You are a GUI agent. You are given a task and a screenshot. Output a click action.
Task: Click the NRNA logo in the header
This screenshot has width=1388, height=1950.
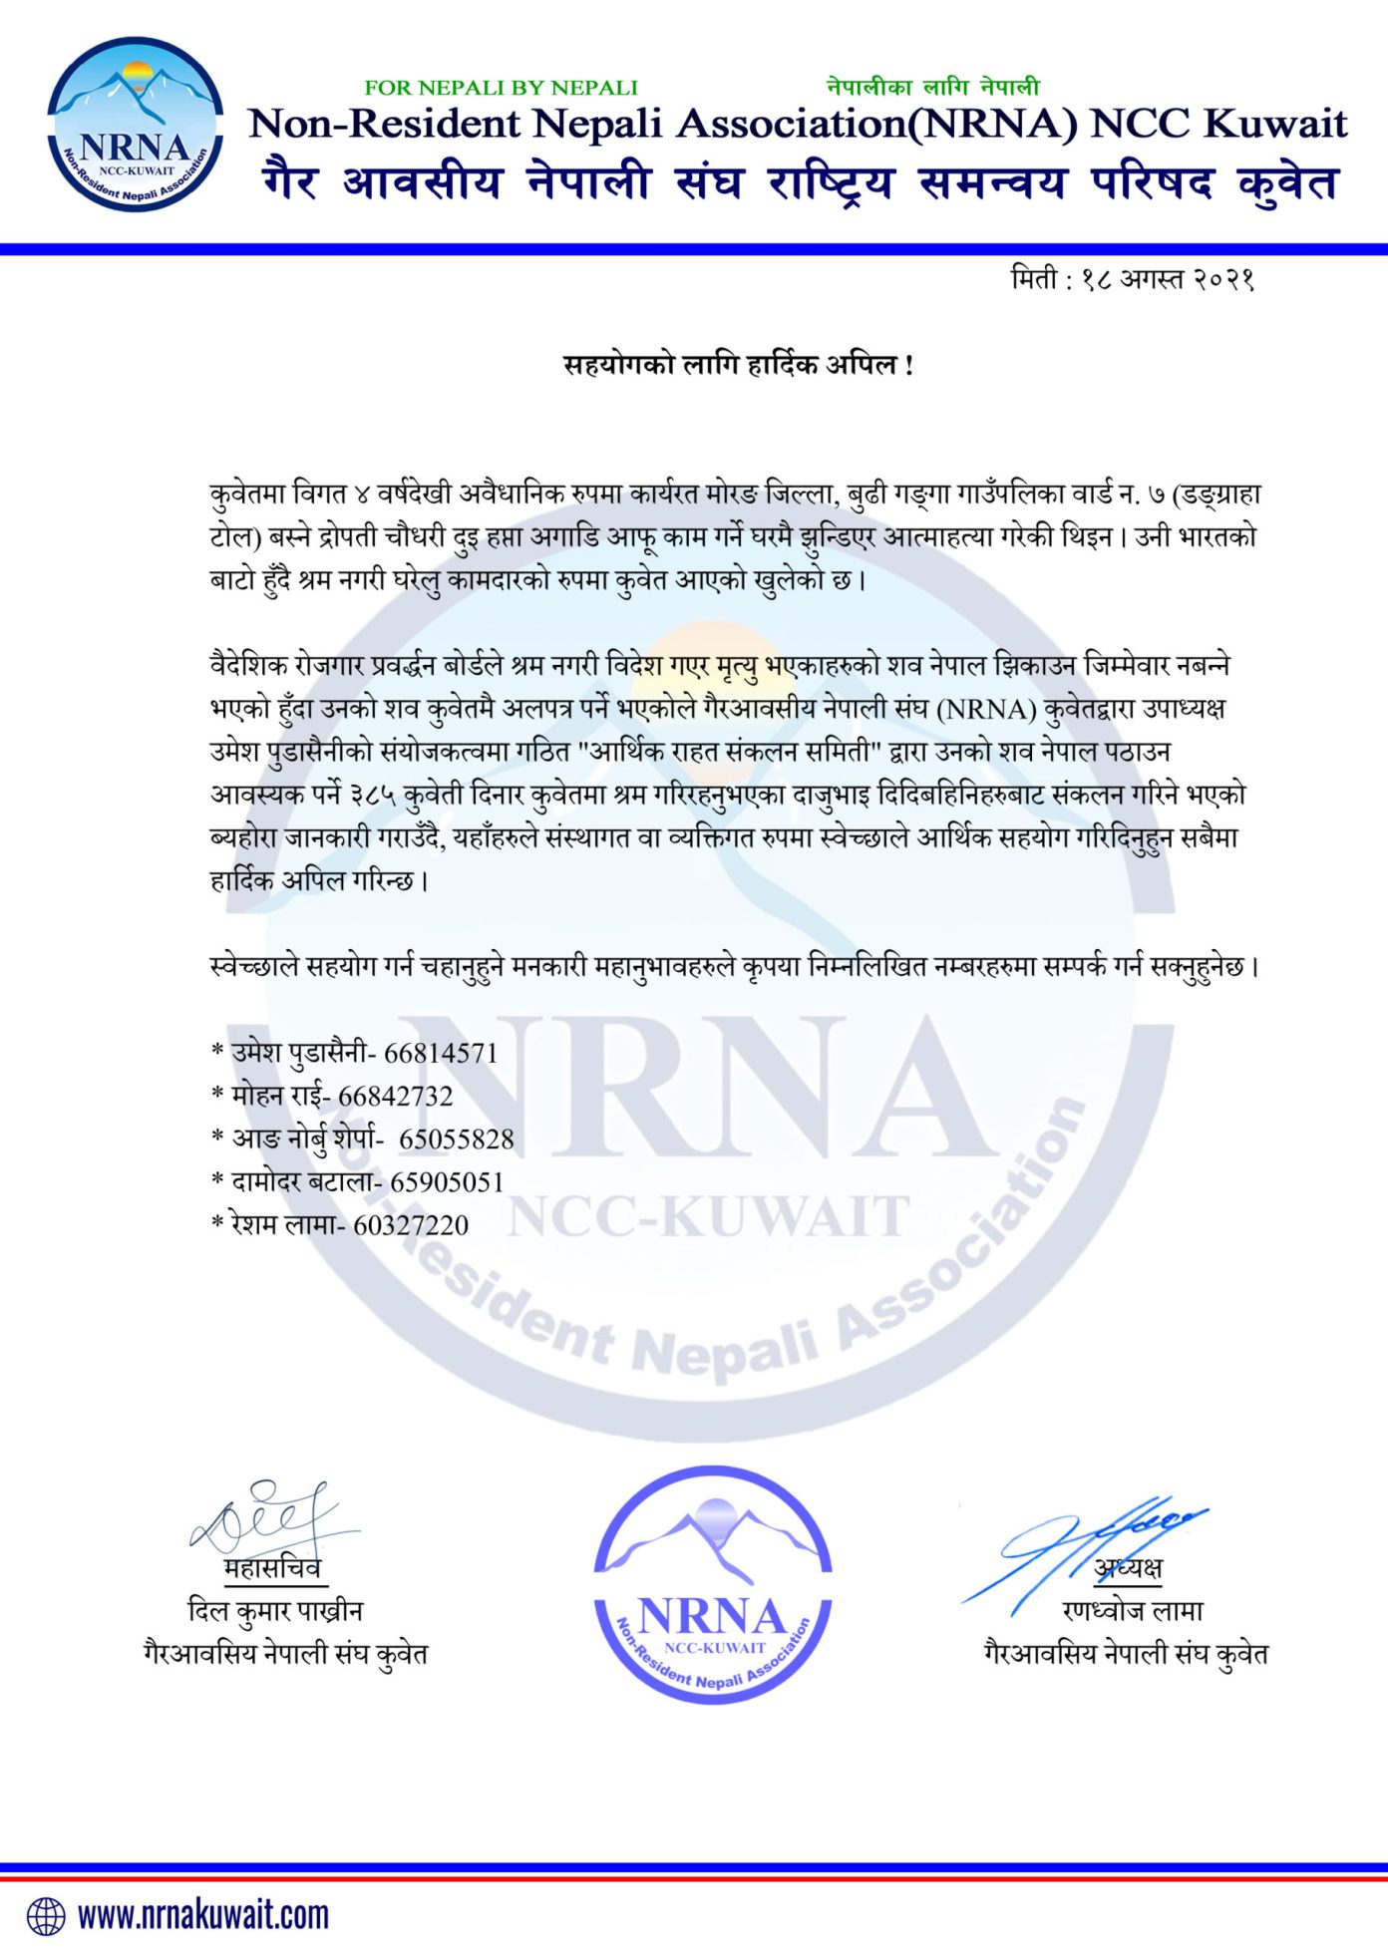(x=135, y=125)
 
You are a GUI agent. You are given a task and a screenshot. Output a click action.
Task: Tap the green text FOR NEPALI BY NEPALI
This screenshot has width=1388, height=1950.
(x=501, y=88)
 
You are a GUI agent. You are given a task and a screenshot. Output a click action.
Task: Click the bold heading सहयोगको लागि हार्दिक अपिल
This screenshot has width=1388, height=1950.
(x=738, y=365)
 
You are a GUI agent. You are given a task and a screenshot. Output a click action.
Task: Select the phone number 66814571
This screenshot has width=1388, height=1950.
(x=440, y=1053)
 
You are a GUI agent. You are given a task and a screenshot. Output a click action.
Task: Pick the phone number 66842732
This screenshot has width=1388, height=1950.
(x=395, y=1096)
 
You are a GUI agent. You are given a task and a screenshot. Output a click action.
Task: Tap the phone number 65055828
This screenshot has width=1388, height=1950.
(x=456, y=1138)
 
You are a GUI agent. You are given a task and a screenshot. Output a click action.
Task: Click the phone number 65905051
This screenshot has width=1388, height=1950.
(x=446, y=1182)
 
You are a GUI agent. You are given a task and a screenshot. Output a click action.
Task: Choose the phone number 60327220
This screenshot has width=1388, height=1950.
(x=410, y=1225)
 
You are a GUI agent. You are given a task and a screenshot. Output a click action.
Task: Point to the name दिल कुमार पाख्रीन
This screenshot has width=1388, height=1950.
(x=274, y=1610)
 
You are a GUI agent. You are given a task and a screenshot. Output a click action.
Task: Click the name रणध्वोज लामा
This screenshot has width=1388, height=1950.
(x=1133, y=1610)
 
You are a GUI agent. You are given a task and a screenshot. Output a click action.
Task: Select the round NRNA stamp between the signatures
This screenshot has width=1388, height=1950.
(x=713, y=1585)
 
